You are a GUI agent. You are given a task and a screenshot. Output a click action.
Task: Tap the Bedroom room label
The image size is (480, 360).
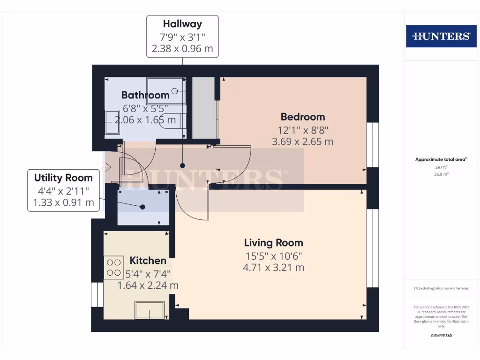tap(302, 117)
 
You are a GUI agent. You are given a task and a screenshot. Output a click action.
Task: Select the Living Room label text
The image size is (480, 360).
tap(273, 243)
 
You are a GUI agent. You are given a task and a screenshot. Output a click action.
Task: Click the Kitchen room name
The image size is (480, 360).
tap(148, 261)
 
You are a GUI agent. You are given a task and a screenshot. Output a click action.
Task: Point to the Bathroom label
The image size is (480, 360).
tap(145, 95)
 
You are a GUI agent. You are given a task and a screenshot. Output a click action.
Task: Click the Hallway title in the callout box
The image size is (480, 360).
tap(182, 24)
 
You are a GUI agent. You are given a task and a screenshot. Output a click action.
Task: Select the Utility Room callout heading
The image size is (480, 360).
tap(63, 178)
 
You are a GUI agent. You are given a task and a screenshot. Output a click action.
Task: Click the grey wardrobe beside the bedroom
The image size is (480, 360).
tap(204, 108)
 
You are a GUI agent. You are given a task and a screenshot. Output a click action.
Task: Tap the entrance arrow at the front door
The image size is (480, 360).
tap(106, 166)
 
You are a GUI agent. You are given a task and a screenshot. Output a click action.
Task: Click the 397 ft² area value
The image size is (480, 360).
tap(441, 167)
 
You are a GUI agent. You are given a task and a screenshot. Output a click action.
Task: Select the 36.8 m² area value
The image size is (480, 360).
tap(441, 173)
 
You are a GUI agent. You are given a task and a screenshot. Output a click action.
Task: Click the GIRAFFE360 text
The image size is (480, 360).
tap(441, 336)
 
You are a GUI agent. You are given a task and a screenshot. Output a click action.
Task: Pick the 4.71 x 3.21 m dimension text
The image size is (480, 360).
tap(273, 268)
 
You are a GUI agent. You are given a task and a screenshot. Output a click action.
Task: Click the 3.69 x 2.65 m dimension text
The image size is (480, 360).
tap(302, 141)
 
